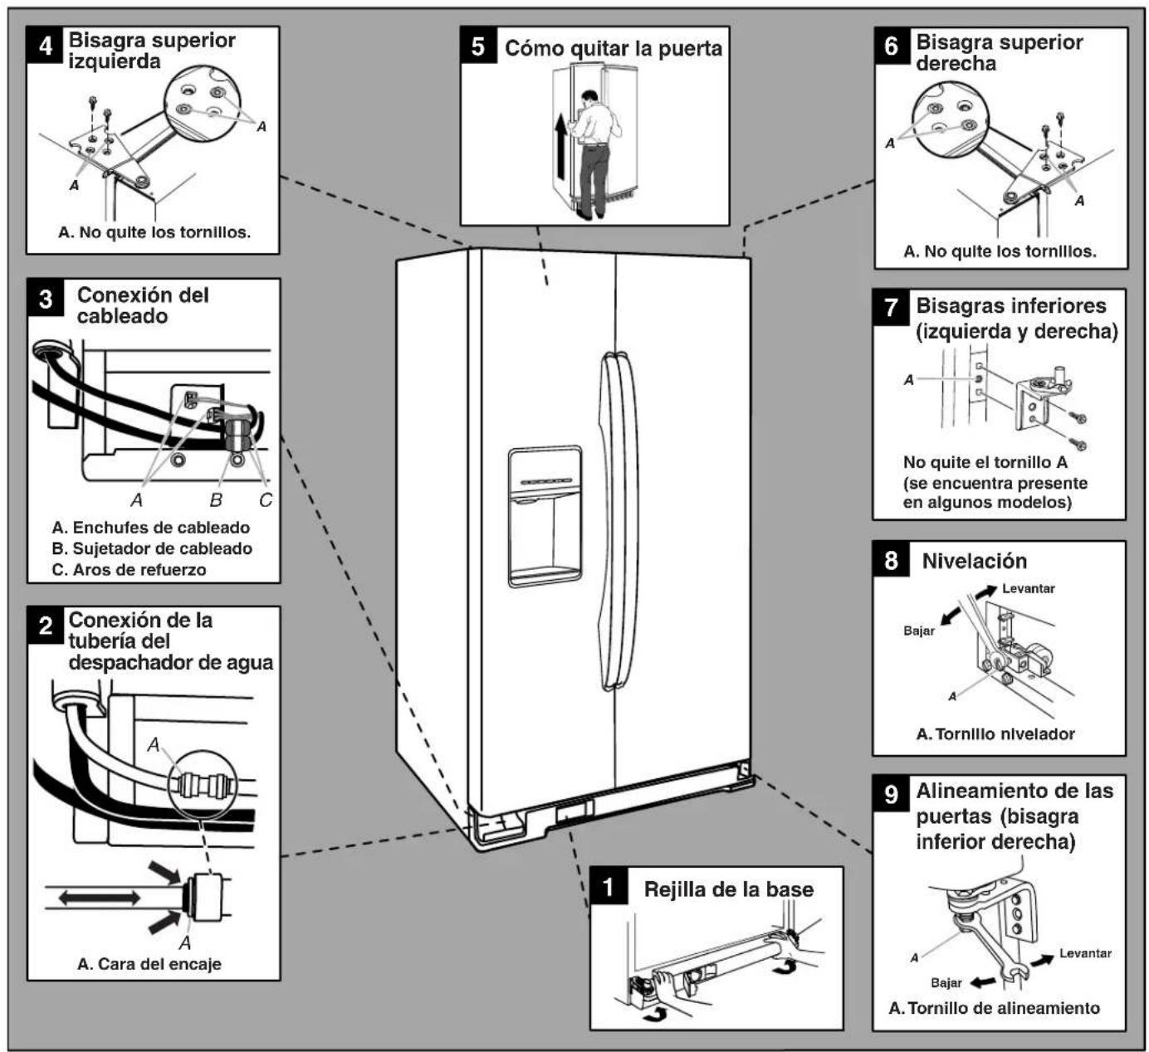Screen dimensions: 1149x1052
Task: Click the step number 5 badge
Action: click(478, 46)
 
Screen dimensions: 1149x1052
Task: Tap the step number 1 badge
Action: click(609, 886)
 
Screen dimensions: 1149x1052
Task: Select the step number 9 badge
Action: click(891, 794)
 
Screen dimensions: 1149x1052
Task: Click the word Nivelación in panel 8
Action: click(975, 561)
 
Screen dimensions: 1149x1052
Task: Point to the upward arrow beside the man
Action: click(560, 145)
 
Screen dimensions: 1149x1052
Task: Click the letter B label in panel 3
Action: click(215, 500)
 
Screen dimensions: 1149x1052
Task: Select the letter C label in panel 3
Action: click(265, 500)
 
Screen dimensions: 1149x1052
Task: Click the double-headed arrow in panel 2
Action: click(99, 898)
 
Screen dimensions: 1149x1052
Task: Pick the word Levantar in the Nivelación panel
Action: click(1028, 588)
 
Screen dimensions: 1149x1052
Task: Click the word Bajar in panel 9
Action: click(946, 982)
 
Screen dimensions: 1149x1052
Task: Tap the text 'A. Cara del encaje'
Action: click(149, 964)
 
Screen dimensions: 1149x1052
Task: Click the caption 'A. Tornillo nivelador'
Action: click(995, 733)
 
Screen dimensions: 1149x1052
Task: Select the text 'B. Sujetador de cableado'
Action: click(152, 548)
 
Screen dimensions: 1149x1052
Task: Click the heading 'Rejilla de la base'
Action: click(729, 889)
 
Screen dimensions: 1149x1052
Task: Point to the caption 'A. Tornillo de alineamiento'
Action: click(994, 1008)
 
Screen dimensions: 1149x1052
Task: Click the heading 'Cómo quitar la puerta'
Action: click(613, 48)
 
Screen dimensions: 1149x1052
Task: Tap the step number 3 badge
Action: click(46, 299)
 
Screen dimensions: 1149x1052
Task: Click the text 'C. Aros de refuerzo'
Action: click(129, 569)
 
